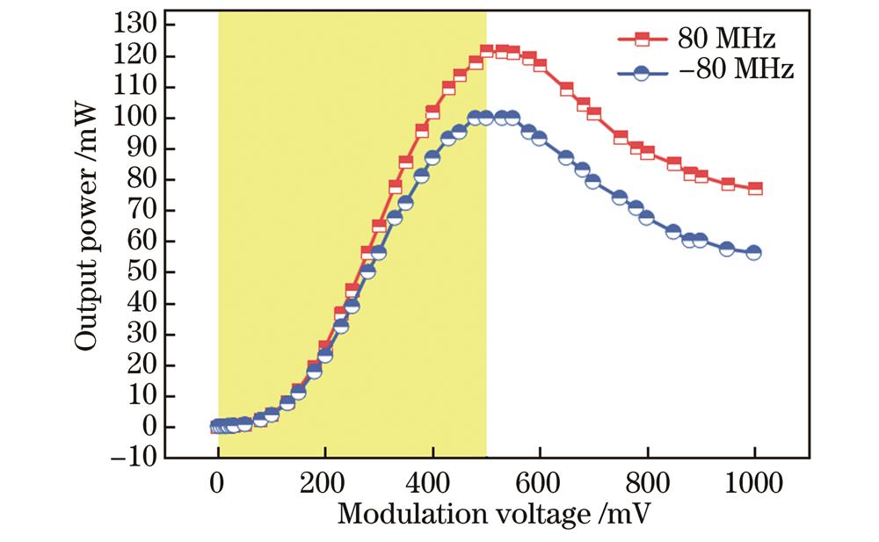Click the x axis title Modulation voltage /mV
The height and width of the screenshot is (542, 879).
pos(486,514)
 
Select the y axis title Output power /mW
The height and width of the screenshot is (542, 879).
pos(85,242)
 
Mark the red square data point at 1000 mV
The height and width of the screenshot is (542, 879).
pos(755,188)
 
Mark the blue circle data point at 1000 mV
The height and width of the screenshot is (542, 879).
pos(755,253)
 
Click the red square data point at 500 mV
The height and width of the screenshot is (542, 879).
pos(486,51)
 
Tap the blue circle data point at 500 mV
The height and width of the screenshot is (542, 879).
pos(486,118)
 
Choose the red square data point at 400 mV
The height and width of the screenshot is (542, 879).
pos(432,112)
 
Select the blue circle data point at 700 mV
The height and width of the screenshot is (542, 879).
pos(593,181)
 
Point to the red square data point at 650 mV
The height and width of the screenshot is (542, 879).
pos(567,90)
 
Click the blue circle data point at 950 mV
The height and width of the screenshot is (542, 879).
pos(728,249)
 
